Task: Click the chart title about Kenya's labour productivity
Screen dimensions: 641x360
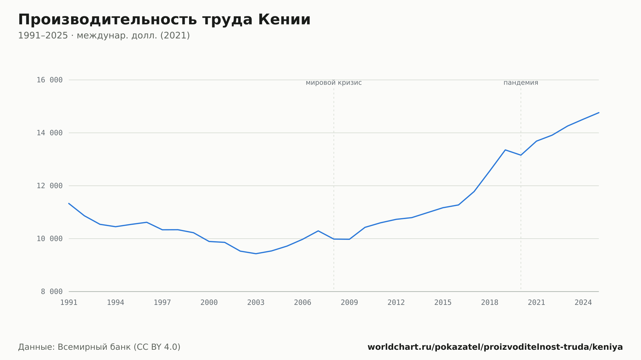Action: coord(164,20)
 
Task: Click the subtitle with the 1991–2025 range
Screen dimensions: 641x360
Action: coord(104,36)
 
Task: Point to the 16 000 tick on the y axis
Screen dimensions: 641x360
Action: coord(50,80)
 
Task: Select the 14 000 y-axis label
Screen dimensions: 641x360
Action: coord(50,133)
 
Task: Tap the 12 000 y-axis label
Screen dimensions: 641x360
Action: coord(50,186)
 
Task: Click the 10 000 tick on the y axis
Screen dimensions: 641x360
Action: coord(50,239)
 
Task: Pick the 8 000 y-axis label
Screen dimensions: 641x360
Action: coord(52,291)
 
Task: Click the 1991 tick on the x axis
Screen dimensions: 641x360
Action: coord(69,303)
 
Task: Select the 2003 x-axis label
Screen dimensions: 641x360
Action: coord(256,303)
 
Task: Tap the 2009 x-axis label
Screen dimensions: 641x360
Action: coord(349,303)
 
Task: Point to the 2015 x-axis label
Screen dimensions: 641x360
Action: coord(443,303)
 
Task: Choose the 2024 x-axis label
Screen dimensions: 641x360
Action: coord(583,303)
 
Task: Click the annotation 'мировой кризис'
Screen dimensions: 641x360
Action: coord(334,83)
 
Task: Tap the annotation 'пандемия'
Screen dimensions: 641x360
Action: coord(521,83)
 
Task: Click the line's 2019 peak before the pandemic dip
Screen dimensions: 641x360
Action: coord(505,150)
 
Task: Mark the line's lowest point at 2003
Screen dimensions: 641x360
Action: coord(256,254)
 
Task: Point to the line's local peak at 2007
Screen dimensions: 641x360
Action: coord(318,231)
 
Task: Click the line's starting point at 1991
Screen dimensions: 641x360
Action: coord(69,203)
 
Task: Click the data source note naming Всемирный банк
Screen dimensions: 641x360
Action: coord(99,347)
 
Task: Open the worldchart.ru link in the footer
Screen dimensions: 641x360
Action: coord(495,347)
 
